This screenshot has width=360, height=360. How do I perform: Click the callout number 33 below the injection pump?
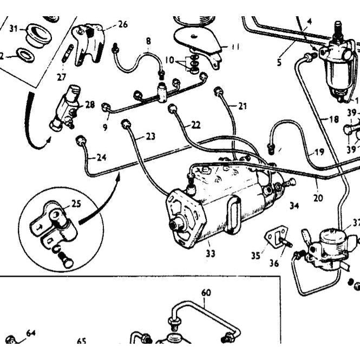(x=210, y=253)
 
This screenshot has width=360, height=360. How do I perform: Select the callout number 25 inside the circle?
(x=76, y=204)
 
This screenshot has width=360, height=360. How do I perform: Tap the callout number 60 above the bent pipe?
(x=206, y=293)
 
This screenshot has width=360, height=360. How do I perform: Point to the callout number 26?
(x=123, y=24)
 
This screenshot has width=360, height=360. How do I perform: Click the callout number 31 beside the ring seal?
(x=14, y=28)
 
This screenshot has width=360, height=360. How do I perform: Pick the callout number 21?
(x=241, y=106)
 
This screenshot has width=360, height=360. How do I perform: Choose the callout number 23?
(x=150, y=136)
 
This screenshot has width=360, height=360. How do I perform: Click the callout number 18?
(x=333, y=119)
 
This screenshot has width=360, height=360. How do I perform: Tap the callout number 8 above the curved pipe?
(x=148, y=41)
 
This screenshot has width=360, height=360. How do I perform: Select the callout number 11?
(x=235, y=47)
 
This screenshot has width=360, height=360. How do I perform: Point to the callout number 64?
(x=30, y=333)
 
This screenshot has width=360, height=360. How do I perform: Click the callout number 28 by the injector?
(x=89, y=104)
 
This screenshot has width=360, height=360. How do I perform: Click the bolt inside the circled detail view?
(x=66, y=261)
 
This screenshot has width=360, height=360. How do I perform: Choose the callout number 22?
(x=195, y=125)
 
